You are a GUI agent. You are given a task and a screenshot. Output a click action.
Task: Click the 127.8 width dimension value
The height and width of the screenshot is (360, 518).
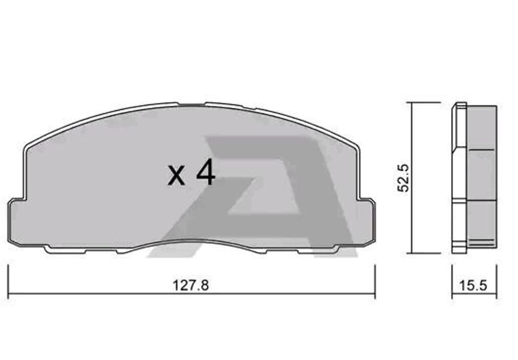pos(191,285)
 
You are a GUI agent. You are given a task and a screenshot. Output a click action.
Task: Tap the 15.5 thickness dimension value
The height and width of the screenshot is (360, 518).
pos(473,285)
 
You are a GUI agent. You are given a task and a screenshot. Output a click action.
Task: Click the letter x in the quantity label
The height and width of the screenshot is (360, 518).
pos(177,175)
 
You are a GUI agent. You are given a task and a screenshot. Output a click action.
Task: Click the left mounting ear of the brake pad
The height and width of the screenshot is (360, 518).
pos(17,222)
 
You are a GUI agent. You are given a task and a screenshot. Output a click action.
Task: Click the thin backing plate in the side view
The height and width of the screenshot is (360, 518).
pos(458,177)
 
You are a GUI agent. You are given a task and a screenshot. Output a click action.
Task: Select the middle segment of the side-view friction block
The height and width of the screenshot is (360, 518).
pos(481,175)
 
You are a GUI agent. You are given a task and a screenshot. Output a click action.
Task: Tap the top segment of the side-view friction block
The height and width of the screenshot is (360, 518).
pos(481,127)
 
